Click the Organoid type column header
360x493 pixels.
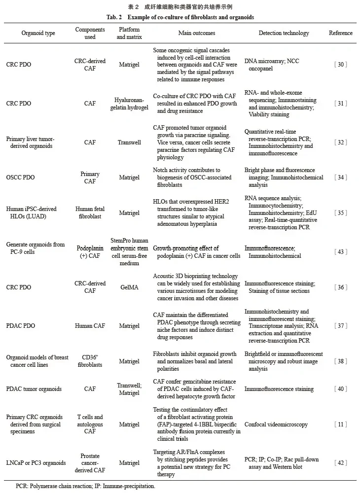point(38,33)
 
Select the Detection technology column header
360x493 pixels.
point(284,33)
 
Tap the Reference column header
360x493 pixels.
point(341,33)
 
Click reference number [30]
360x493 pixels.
point(341,65)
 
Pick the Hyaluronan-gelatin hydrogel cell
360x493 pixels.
point(129,104)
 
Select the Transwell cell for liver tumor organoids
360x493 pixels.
point(129,142)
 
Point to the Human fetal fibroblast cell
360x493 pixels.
point(90,212)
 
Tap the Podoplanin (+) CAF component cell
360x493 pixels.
point(90,252)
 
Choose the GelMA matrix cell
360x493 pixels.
point(129,287)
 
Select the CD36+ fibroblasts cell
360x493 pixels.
point(90,361)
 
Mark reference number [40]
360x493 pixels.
point(341,389)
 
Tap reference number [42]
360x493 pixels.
point(341,463)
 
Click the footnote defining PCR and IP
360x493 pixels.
point(85,486)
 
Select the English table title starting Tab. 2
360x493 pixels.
point(180,17)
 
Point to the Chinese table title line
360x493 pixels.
point(180,7)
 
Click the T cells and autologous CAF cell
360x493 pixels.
point(90,424)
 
